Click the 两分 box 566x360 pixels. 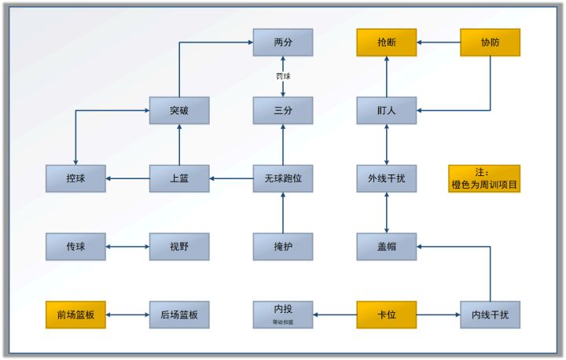coord(283,42)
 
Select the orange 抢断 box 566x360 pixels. coord(387,42)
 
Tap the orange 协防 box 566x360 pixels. coord(490,42)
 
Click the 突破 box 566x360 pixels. coord(179,111)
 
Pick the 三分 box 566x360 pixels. coord(283,111)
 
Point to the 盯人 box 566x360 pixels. coord(387,111)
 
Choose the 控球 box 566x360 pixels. coord(75,178)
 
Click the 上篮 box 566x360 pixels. coord(179,178)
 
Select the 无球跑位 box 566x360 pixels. coord(283,178)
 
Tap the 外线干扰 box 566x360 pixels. coord(387,178)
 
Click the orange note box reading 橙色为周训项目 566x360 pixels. coord(483,178)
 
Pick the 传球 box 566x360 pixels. coord(75,247)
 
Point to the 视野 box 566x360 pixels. coord(179,247)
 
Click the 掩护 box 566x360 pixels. coord(283,247)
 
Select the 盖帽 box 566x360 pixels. coord(387,247)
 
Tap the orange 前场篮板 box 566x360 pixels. coord(75,314)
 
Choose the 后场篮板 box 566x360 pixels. coord(179,314)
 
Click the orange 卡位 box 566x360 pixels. coord(387,314)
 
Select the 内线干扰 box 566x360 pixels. coord(490,314)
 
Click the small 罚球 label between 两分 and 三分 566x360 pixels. coord(283,77)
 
